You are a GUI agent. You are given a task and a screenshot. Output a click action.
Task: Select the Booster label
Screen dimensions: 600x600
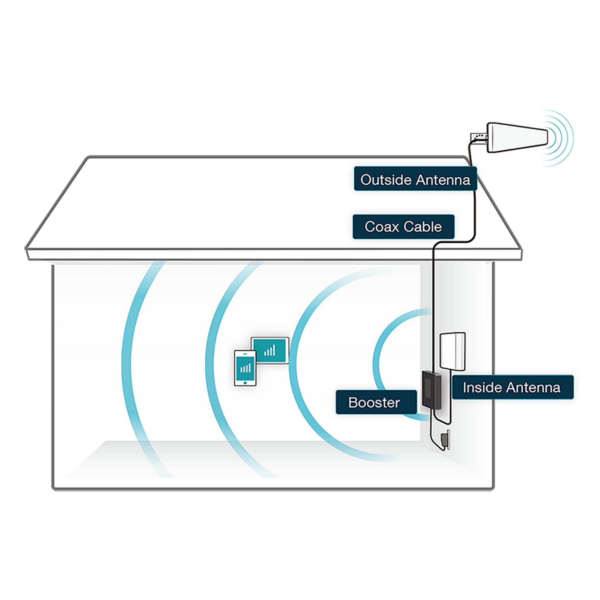pos(376,402)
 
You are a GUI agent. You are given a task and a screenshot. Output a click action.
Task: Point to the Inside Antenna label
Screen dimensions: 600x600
pos(512,387)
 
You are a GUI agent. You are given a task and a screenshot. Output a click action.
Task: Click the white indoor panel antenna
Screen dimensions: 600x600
pos(452,351)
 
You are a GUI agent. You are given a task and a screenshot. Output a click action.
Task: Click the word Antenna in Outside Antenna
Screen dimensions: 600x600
pos(443,180)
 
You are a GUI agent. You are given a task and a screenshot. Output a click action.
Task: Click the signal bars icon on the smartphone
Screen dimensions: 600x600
pos(245,368)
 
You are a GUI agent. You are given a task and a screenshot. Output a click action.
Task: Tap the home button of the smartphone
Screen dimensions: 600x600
pos(245,383)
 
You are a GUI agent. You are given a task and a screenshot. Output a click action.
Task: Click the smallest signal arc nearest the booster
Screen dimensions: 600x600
pos(377,363)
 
